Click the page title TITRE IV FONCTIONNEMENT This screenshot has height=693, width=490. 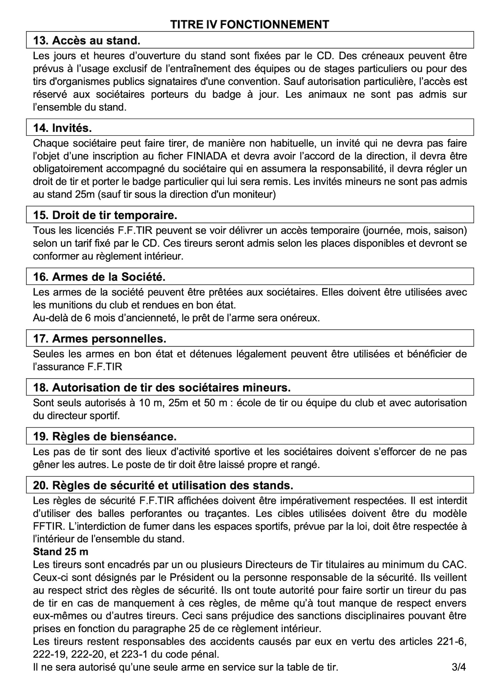[x=249, y=25]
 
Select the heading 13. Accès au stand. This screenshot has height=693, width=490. [x=87, y=41]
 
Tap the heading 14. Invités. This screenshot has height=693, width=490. [x=63, y=128]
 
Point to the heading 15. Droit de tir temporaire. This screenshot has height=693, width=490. [x=105, y=215]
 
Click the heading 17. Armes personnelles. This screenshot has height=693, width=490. [x=100, y=339]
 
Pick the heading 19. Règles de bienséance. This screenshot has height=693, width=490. [x=105, y=436]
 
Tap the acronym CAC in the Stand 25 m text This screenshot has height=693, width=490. [x=455, y=564]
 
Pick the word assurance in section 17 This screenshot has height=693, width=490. [x=61, y=367]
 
